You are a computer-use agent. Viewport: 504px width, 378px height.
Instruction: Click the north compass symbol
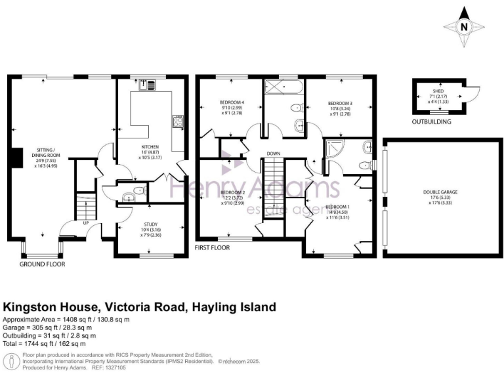coord(465,27)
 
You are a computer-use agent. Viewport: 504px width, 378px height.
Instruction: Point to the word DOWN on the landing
coord(274,154)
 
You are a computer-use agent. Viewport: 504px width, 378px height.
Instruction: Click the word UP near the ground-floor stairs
coord(86,222)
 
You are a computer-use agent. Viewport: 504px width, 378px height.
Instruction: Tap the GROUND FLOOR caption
coord(43,264)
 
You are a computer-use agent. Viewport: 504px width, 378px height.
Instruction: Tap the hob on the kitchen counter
coord(177,121)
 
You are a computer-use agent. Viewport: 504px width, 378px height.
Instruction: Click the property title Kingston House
coord(140,307)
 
